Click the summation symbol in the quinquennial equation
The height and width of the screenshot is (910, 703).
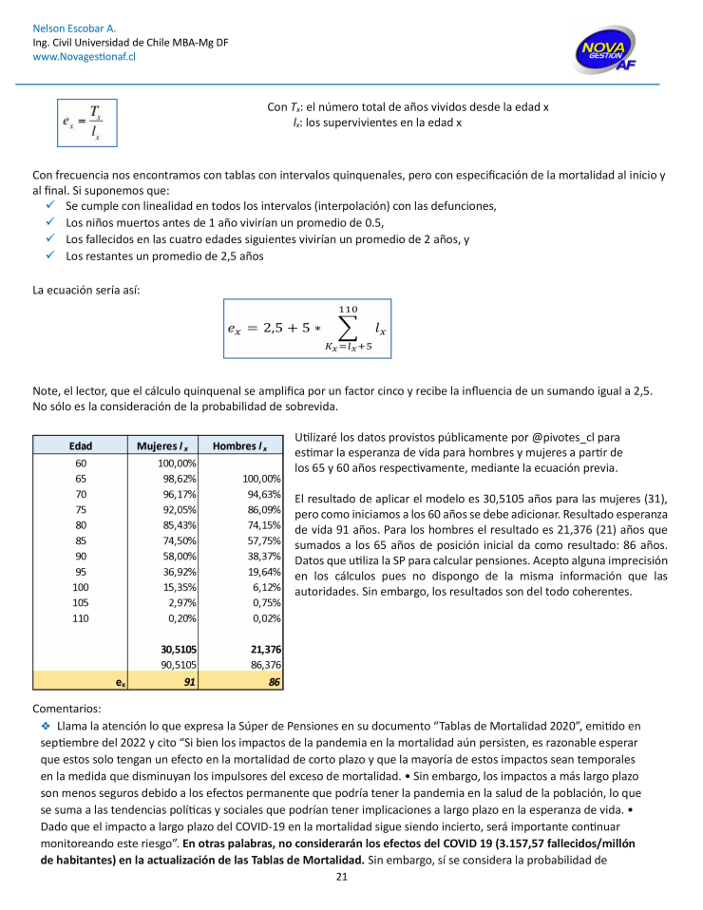(x=347, y=329)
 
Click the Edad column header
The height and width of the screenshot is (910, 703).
(x=81, y=446)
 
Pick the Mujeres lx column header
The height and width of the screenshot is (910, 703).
(x=162, y=446)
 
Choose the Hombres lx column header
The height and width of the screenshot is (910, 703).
(x=239, y=446)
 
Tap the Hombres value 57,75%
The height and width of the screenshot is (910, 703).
(x=264, y=540)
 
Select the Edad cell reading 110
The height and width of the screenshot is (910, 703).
(x=81, y=617)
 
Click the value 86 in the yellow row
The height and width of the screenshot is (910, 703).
(x=274, y=681)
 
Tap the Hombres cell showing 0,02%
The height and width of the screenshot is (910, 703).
(x=266, y=617)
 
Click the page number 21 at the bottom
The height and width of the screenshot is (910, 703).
(x=342, y=877)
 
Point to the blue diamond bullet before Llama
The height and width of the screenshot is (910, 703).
(x=45, y=725)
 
